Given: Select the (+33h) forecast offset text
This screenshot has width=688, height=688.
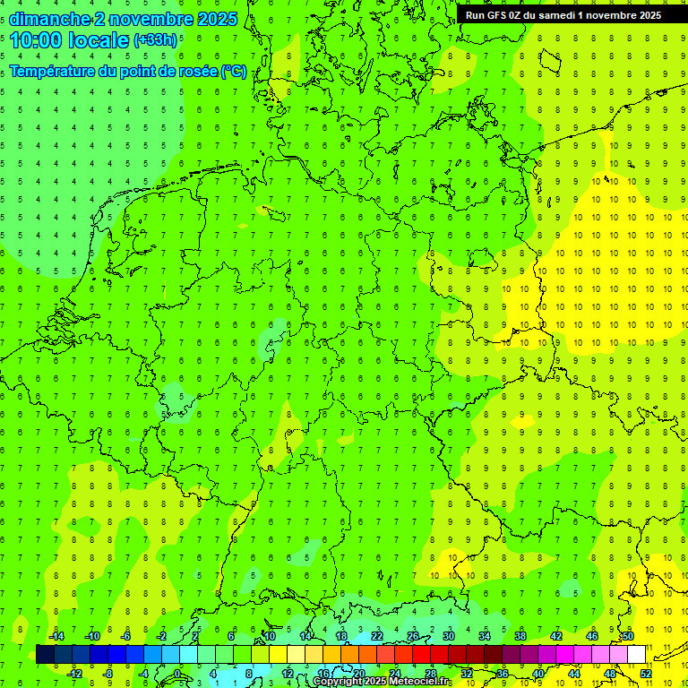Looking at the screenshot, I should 155,40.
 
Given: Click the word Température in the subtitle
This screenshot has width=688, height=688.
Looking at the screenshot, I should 54,72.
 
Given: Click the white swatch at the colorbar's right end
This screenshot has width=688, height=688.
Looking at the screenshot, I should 636,654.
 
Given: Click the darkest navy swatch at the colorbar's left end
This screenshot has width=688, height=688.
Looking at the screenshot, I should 45,654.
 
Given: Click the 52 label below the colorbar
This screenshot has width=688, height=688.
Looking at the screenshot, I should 646,673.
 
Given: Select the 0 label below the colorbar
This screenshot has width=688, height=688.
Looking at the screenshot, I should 177,673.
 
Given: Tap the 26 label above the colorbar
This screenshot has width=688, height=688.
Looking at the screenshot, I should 413,636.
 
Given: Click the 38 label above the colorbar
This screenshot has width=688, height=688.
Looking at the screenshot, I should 520,636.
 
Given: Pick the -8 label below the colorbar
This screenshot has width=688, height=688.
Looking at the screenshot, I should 107,673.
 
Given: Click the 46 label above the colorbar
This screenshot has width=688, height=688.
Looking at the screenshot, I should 592,636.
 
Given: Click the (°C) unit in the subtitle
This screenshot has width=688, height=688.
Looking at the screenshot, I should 234,72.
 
